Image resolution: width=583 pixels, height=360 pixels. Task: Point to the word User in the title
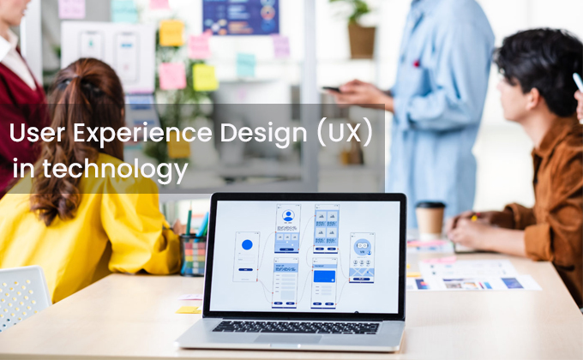33,135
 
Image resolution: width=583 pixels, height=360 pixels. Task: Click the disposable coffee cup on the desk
430,219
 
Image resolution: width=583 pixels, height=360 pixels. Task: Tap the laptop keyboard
296,327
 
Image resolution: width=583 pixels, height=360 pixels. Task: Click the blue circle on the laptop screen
247,244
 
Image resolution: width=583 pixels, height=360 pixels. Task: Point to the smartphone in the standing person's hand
331,88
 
